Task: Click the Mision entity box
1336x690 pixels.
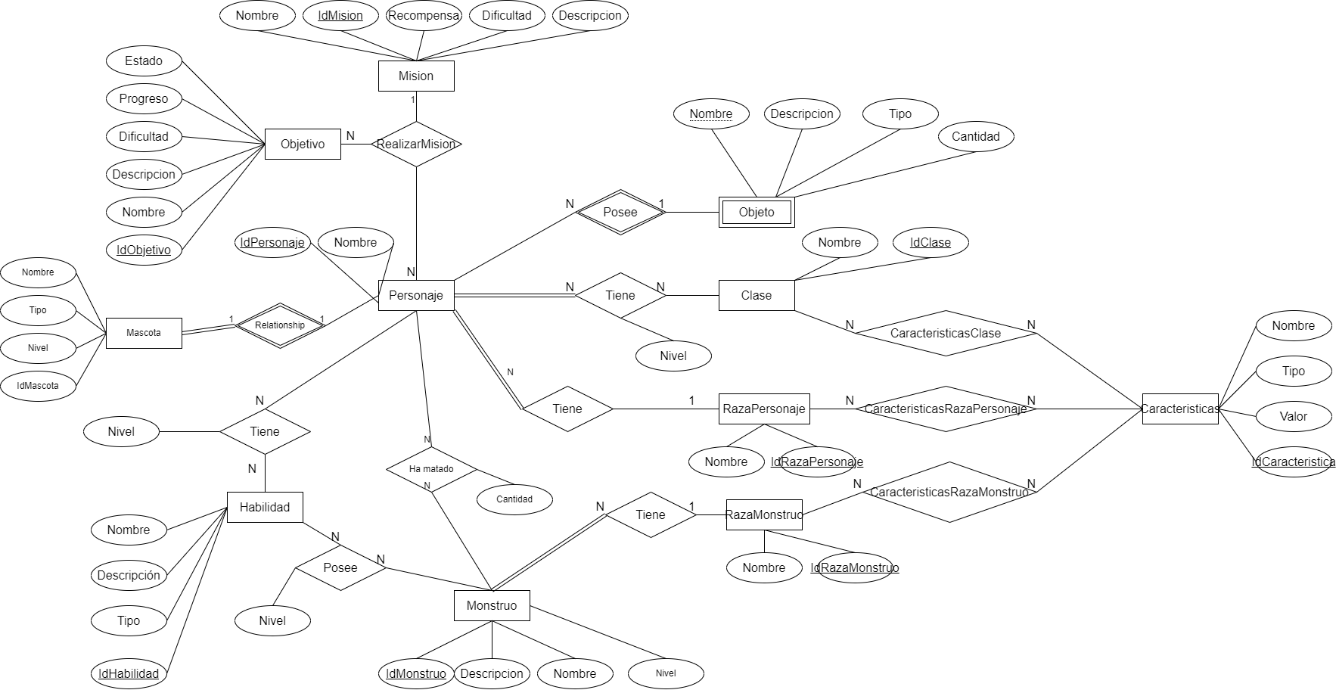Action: pos(416,76)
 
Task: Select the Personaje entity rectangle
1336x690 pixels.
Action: pos(416,295)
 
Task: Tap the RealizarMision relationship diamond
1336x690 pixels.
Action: pos(416,144)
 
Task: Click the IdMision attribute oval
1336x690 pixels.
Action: pos(340,15)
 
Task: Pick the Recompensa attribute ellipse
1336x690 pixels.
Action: pos(424,15)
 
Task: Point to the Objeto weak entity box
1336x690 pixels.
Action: pos(757,212)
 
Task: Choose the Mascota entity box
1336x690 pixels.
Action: pos(144,333)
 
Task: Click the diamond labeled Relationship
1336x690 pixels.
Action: pos(280,325)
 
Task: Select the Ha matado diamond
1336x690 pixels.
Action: pos(431,469)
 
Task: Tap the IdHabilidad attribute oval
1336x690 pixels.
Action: pos(129,673)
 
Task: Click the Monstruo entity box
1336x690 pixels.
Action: pos(492,605)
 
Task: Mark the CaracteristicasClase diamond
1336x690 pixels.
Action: pos(946,333)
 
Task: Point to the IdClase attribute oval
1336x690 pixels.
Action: pos(931,242)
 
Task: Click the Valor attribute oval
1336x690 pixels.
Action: pos(1294,416)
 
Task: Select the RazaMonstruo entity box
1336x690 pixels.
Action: pos(764,514)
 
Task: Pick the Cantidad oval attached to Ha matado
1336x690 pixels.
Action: pos(514,499)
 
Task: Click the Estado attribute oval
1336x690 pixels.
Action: pos(144,61)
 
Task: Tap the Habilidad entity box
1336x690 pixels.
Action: pos(265,507)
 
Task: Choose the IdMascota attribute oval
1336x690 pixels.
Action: pos(38,386)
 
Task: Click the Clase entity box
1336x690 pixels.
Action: pos(757,295)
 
